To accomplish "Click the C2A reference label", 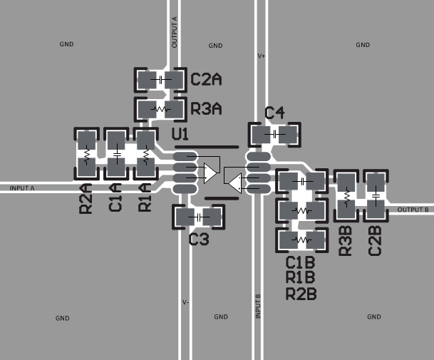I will [206, 80].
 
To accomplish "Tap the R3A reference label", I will [206, 109].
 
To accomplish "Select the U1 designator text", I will [180, 134].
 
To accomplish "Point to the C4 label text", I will [274, 113].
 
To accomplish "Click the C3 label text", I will [199, 240].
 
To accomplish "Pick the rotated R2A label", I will [86, 198].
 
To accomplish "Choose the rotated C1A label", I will [115, 198].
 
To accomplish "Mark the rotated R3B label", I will [346, 241].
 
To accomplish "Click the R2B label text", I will [300, 293].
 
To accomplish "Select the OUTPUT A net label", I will [175, 31].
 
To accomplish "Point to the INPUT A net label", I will [22, 188].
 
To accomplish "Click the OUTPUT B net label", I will [413, 210].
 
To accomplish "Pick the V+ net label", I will [261, 55].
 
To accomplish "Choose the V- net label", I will [185, 302].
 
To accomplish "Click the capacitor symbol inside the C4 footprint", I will [274, 134].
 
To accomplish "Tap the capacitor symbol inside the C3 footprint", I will [199, 217].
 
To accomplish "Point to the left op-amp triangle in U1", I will [210, 173].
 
